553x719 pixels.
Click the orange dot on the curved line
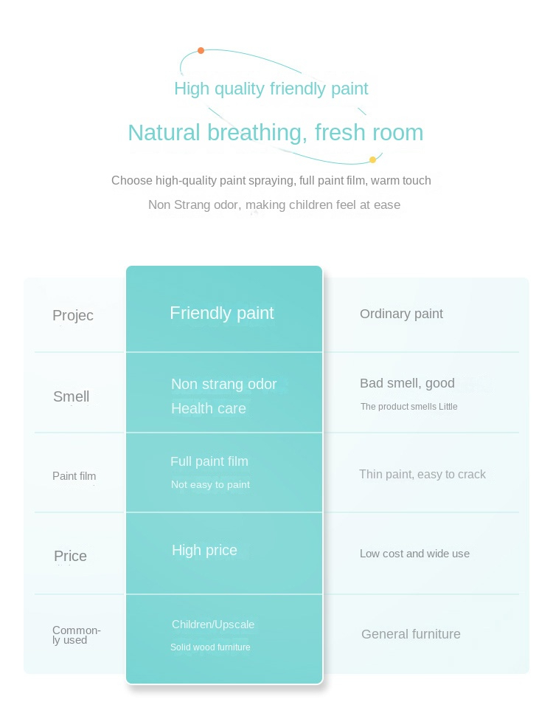(201, 50)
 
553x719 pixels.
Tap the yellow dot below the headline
(373, 159)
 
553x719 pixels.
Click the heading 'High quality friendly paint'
(271, 89)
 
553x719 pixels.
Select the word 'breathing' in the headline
(257, 133)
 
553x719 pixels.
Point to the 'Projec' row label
(73, 315)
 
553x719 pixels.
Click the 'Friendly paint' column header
(222, 313)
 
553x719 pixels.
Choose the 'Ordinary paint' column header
(401, 314)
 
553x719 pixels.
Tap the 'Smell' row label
(71, 396)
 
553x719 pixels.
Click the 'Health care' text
(209, 408)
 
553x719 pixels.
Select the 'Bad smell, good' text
(407, 383)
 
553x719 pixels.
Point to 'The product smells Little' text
(408, 406)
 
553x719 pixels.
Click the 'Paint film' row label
(74, 476)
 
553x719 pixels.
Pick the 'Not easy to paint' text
(210, 484)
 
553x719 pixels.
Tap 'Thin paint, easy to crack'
(422, 474)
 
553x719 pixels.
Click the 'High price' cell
(204, 550)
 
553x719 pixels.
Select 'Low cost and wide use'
(414, 554)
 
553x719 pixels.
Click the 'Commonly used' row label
(76, 635)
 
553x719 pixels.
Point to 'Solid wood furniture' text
(210, 647)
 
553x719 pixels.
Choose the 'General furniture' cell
(411, 634)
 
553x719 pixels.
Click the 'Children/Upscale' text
(213, 625)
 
